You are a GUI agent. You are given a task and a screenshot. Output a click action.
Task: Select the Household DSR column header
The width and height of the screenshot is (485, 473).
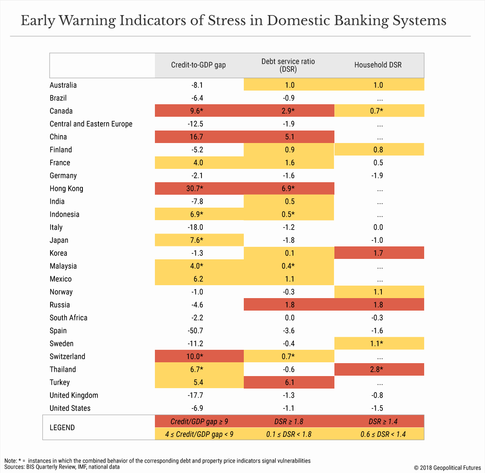(378, 65)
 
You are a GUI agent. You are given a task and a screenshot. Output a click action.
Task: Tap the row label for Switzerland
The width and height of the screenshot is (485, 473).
(67, 357)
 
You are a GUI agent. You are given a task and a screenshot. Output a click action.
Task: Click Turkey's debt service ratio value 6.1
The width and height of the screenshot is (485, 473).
(290, 383)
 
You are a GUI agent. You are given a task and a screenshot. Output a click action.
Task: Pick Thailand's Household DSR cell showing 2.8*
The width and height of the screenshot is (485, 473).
(378, 370)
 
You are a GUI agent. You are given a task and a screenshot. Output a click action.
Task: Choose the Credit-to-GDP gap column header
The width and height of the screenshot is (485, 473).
(198, 65)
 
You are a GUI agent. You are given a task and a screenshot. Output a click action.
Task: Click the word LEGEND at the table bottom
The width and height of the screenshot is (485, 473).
(62, 428)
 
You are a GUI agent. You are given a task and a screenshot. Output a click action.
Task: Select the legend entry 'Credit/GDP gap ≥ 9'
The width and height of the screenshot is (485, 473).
(199, 421)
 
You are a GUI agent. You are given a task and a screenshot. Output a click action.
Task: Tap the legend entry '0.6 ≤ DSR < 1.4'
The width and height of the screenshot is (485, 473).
(383, 434)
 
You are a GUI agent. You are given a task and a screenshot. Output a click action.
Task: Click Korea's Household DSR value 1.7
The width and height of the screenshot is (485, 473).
(378, 253)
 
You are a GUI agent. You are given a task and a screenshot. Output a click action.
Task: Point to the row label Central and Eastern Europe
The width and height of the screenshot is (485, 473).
(91, 124)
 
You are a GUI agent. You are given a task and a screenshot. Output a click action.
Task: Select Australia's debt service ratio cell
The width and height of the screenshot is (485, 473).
(290, 85)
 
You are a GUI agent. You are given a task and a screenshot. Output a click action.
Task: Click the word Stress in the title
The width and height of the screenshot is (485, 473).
(228, 21)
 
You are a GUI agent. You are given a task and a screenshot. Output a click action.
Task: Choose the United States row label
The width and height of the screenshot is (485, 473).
(70, 408)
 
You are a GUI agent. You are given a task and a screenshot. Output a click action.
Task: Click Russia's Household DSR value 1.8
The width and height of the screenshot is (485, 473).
(378, 305)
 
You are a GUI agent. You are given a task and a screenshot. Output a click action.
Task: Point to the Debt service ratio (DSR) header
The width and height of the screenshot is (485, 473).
(288, 65)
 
